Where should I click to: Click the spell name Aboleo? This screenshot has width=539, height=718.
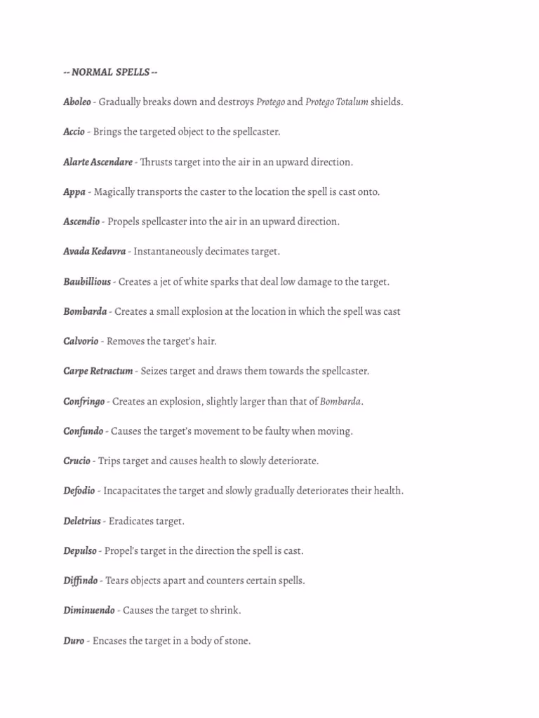click(76, 102)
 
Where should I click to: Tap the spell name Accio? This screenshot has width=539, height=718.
click(74, 132)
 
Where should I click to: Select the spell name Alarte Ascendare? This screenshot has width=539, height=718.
click(98, 162)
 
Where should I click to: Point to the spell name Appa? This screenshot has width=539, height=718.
click(74, 192)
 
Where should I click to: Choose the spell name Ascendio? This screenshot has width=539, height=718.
click(81, 222)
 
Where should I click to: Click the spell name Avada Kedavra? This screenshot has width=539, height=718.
click(94, 252)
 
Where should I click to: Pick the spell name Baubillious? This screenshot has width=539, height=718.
click(87, 282)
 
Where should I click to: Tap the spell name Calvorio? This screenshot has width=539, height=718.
click(81, 341)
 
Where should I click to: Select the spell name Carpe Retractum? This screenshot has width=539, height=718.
click(98, 372)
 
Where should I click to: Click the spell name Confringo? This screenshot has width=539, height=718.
click(84, 402)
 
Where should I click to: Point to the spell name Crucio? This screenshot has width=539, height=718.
click(76, 461)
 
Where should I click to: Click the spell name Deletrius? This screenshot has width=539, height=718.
click(82, 522)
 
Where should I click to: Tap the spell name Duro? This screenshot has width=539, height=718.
click(74, 641)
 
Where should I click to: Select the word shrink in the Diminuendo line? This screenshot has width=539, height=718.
click(225, 611)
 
